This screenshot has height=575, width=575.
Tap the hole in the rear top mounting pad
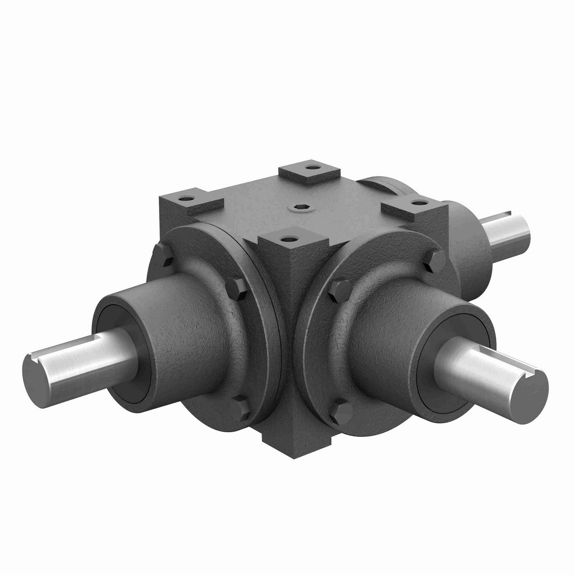tap(313, 168)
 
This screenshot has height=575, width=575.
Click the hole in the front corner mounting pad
tap(287, 237)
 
